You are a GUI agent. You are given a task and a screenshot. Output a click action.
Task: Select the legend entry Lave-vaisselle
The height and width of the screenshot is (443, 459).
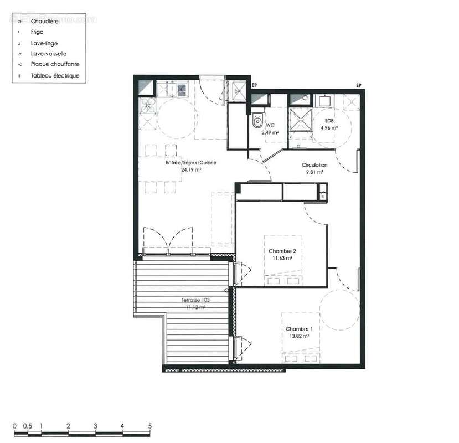(x=49, y=54)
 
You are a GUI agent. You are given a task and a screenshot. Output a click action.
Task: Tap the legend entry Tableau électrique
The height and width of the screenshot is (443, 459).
(x=55, y=75)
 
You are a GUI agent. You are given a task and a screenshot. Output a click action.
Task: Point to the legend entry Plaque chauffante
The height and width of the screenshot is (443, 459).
(x=55, y=64)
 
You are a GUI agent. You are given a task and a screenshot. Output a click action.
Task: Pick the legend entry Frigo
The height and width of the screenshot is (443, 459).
(x=37, y=32)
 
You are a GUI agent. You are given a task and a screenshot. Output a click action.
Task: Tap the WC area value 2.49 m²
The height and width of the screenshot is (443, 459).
(x=270, y=133)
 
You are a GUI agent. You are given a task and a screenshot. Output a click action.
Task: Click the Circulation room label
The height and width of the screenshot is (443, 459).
(x=314, y=165)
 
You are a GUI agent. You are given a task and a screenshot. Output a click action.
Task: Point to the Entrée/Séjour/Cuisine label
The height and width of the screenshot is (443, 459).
(x=191, y=163)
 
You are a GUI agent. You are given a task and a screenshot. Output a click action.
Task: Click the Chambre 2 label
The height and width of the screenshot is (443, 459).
(x=282, y=251)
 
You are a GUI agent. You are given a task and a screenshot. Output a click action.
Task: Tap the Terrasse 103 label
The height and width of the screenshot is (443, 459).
(x=196, y=300)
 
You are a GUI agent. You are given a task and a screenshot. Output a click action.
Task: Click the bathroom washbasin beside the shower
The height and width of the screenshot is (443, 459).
(x=323, y=101)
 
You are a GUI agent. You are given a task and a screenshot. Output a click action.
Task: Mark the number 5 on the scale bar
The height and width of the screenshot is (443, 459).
(x=149, y=426)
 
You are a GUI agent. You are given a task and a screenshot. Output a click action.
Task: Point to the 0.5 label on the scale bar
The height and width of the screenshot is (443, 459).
(x=27, y=426)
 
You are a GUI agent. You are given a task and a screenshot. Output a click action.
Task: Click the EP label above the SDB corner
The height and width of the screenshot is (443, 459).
(x=358, y=85)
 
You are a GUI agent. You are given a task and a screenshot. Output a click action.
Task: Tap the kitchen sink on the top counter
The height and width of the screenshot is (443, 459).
(x=181, y=88)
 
